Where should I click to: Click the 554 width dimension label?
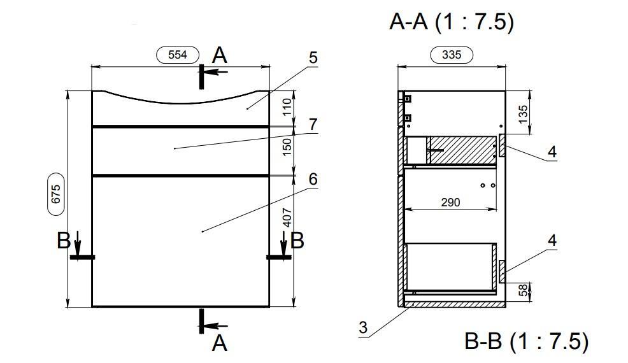[178, 55]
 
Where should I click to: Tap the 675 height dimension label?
[55, 194]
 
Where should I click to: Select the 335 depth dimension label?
[452, 55]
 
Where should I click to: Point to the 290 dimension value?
[450, 203]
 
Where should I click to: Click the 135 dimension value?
[523, 114]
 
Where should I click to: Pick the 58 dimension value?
[524, 290]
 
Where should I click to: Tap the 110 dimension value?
[287, 107]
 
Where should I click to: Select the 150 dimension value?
[287, 147]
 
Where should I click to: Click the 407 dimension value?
[287, 218]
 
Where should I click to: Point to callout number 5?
[313, 58]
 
